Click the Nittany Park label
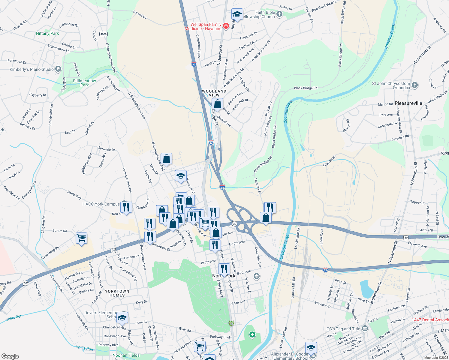[x=47, y=33]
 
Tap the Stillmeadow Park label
[x=84, y=83]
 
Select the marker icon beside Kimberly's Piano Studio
[x=58, y=69]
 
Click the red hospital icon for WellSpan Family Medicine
[x=226, y=26]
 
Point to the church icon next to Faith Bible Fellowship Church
[x=279, y=14]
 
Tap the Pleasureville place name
[x=408, y=103]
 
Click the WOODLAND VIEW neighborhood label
[x=214, y=93]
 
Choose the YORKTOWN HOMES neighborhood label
[x=117, y=293]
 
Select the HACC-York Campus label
[x=101, y=204]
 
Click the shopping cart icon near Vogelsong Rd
[x=82, y=238]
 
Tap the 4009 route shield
[x=103, y=34]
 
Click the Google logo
[x=10, y=356]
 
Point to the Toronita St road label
[x=258, y=186]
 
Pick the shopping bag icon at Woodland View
[x=218, y=104]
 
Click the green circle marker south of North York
[x=252, y=334]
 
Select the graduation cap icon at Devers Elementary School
[x=122, y=318]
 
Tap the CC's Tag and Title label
[x=343, y=329]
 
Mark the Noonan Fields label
[x=126, y=355]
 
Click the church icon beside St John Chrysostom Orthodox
[x=415, y=85]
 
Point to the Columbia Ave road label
[x=258, y=257]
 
